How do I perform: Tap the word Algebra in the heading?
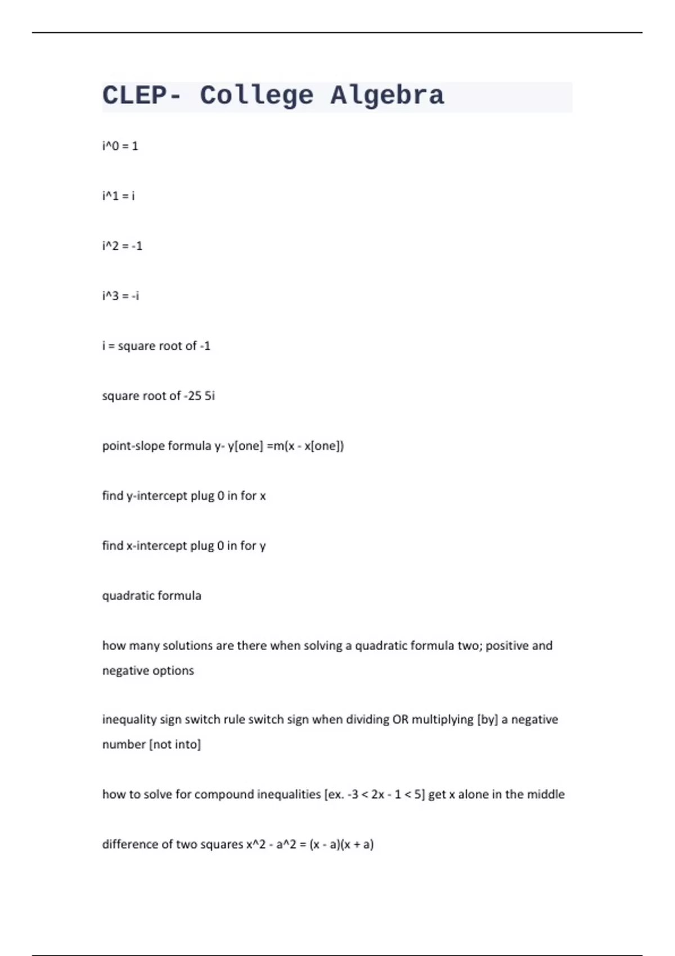[x=387, y=96]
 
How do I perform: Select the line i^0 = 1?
[x=120, y=146]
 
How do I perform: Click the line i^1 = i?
[x=118, y=196]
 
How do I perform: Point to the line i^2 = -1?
[x=122, y=246]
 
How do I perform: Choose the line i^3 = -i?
[x=120, y=296]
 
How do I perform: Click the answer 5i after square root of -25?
[x=209, y=396]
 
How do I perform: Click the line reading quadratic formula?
[x=151, y=596]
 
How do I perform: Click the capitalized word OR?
[x=400, y=720]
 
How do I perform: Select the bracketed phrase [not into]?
[x=174, y=745]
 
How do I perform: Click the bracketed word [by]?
[x=487, y=720]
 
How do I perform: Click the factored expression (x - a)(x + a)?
[x=341, y=844]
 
